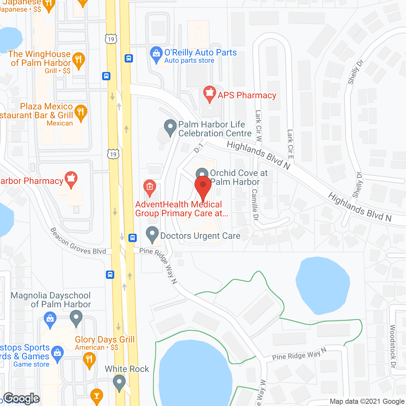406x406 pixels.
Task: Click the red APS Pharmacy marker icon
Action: pyautogui.click(x=209, y=94)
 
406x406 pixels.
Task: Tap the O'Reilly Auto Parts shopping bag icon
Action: pyautogui.click(x=156, y=54)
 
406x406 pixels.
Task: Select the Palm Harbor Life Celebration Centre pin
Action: pyautogui.click(x=170, y=127)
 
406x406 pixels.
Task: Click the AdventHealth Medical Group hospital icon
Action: pyautogui.click(x=150, y=187)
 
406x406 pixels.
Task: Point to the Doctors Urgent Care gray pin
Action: pyautogui.click(x=152, y=234)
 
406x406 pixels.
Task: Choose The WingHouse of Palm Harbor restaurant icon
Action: pyautogui.click(x=78, y=60)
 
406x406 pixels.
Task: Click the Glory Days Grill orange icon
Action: pyautogui.click(x=89, y=360)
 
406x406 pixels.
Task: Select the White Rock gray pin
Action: pyautogui.click(x=119, y=383)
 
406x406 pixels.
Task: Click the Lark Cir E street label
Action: pyautogui.click(x=290, y=144)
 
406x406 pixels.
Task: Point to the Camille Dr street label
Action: pyautogui.click(x=255, y=205)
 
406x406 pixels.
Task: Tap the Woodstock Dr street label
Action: pyautogui.click(x=393, y=346)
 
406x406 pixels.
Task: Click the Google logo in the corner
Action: pyautogui.click(x=21, y=398)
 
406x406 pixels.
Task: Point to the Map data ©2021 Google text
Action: pyautogui.click(x=367, y=402)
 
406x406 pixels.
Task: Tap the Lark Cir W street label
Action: pyautogui.click(x=259, y=126)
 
